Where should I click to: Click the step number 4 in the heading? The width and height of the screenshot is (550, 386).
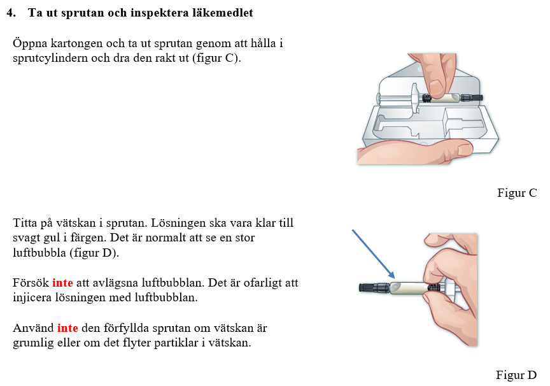tap(11, 13)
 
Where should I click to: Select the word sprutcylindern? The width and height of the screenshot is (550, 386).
tap(50, 58)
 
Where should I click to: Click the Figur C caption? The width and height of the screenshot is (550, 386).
tap(517, 193)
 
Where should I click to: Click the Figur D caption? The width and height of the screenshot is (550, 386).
tap(516, 375)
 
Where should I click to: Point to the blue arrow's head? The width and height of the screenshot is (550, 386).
tap(392, 275)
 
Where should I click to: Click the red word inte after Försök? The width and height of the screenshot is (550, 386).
tap(62, 283)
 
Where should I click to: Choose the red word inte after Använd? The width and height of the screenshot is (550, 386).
tap(67, 328)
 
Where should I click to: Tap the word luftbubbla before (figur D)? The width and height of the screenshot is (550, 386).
tap(39, 253)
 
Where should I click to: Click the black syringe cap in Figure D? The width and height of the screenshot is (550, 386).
tap(374, 288)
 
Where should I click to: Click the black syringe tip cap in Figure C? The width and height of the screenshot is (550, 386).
tap(471, 98)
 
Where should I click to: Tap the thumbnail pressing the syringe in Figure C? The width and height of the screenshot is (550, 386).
tap(437, 87)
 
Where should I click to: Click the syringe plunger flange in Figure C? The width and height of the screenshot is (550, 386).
tap(415, 98)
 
